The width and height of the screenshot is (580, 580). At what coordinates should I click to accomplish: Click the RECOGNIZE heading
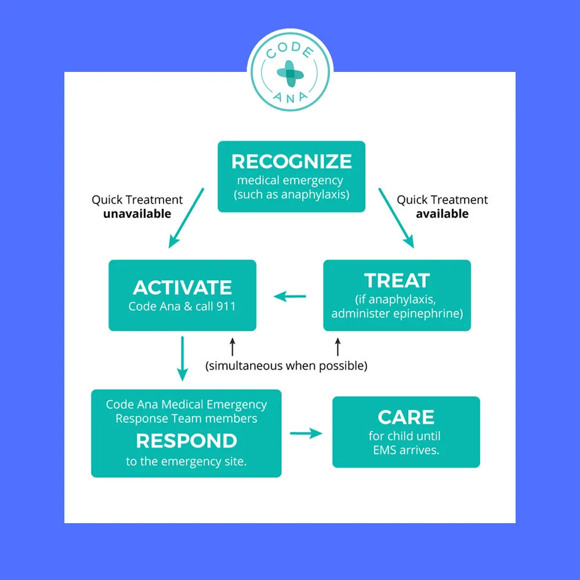[291, 161]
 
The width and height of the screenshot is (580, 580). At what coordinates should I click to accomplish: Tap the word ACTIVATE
[182, 287]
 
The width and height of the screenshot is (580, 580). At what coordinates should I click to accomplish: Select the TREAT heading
[397, 280]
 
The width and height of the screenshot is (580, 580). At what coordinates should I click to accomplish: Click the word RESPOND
[186, 441]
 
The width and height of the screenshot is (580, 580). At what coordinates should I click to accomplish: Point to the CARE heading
[406, 417]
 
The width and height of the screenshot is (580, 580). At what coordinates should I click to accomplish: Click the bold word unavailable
[137, 213]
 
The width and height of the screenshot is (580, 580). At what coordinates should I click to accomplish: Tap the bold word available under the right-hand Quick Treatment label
[442, 213]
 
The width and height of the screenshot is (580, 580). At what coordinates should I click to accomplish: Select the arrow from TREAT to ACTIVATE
[290, 296]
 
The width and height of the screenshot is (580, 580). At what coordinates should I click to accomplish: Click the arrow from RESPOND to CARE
[306, 433]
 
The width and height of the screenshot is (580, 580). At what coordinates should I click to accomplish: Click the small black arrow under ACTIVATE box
[233, 347]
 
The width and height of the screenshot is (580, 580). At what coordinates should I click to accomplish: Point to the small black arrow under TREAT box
[338, 347]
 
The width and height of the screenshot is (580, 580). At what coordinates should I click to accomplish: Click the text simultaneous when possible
[287, 366]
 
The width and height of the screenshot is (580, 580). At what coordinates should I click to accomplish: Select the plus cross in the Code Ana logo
[289, 72]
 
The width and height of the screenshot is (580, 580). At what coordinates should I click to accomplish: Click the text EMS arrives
[405, 449]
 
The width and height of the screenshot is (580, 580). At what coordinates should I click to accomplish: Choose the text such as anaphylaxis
[291, 194]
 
